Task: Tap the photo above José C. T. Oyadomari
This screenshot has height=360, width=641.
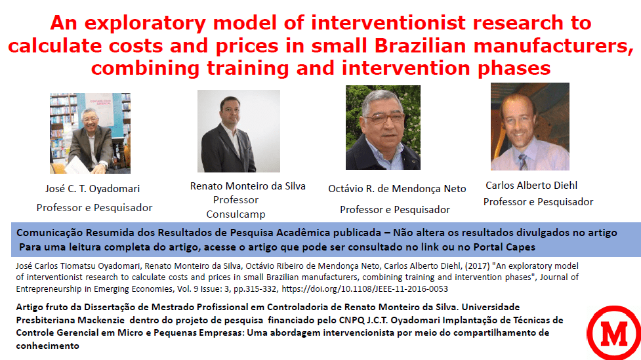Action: (x=90, y=133)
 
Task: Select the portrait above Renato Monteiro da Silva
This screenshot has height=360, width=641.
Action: (x=239, y=130)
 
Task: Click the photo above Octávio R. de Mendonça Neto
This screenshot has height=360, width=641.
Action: (x=383, y=127)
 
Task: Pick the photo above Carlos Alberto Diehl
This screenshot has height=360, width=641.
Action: (x=530, y=127)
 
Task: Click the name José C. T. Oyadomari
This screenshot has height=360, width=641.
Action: (x=93, y=189)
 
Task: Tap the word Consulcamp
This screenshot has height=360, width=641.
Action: (x=236, y=214)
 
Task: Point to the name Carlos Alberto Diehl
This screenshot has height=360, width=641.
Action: (x=531, y=186)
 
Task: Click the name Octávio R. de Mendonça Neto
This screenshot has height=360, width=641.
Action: (x=397, y=189)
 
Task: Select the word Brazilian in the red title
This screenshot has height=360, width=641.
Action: (x=421, y=46)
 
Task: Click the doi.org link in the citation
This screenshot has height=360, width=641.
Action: (x=365, y=289)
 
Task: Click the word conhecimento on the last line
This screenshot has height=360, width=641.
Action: (x=47, y=346)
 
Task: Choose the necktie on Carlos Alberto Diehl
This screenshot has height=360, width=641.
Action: (x=523, y=162)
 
